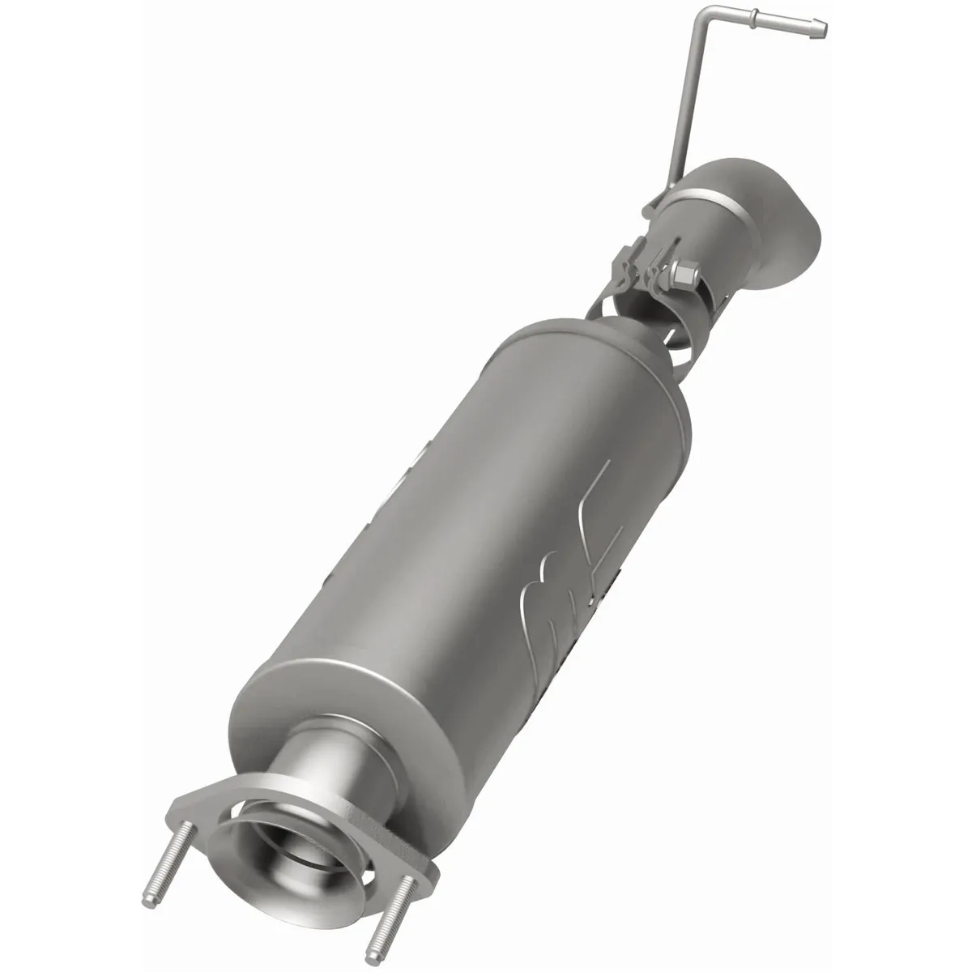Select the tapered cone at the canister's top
tap(640, 340)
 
